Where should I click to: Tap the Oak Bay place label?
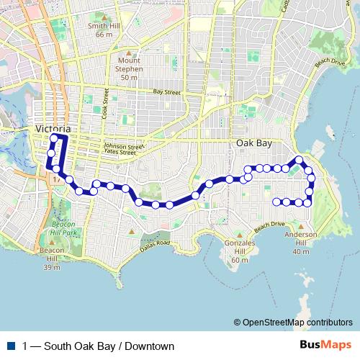pos(254,143)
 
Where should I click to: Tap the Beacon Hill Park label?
pos(63,228)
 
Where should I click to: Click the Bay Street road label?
pos(166,92)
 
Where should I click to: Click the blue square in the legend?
pos(10,346)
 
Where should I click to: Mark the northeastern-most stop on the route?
pos(299,159)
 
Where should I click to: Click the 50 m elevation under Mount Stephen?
pos(129,77)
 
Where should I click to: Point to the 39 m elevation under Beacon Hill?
pos(51,267)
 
